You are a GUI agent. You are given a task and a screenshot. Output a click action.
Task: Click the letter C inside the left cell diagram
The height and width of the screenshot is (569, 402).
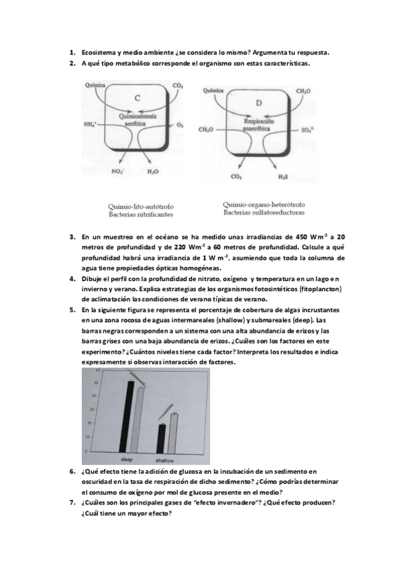click(137, 98)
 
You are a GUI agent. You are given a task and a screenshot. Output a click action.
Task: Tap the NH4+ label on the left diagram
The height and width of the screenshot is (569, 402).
click(91, 125)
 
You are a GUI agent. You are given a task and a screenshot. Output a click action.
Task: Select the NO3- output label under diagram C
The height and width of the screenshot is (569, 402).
click(117, 172)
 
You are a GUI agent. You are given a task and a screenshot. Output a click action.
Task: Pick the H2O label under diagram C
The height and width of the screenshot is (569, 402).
click(152, 172)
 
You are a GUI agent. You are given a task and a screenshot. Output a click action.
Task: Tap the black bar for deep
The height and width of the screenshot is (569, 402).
click(131, 416)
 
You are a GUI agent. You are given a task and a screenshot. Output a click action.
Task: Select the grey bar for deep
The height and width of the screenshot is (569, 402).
click(140, 419)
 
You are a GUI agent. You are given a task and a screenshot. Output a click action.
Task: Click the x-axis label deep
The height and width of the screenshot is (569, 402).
click(126, 460)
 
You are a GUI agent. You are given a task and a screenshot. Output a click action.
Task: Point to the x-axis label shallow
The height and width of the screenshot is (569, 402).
click(164, 462)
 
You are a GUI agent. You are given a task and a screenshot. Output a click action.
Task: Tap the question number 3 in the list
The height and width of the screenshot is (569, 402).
click(72, 237)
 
